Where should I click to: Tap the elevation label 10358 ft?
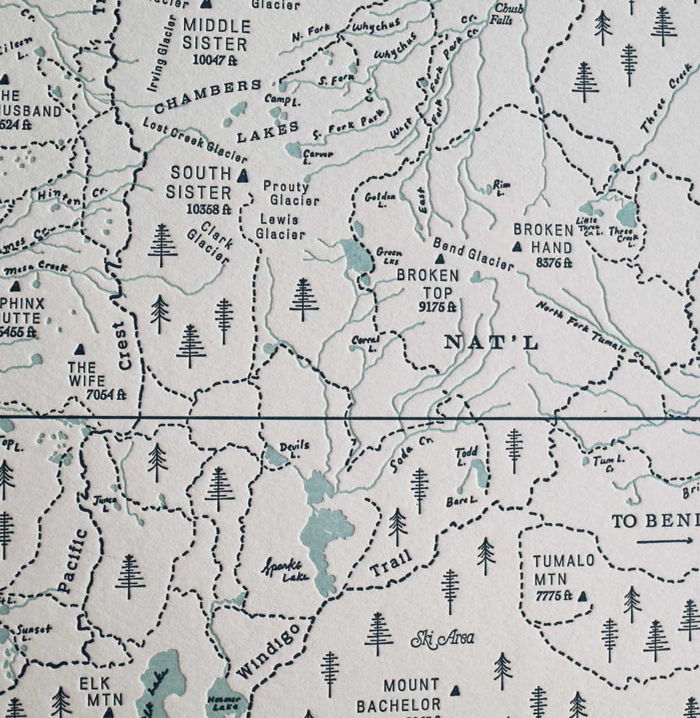[x=199, y=208]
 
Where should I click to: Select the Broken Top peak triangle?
[x=438, y=259]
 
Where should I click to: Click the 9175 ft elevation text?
[x=437, y=306]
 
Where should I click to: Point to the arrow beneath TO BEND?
[x=665, y=542]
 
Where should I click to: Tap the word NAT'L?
[x=491, y=343]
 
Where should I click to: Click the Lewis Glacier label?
[x=280, y=227]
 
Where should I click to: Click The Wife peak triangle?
[x=80, y=349]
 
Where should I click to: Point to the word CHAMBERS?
[x=208, y=96]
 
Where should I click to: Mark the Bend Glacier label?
[x=472, y=254]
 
